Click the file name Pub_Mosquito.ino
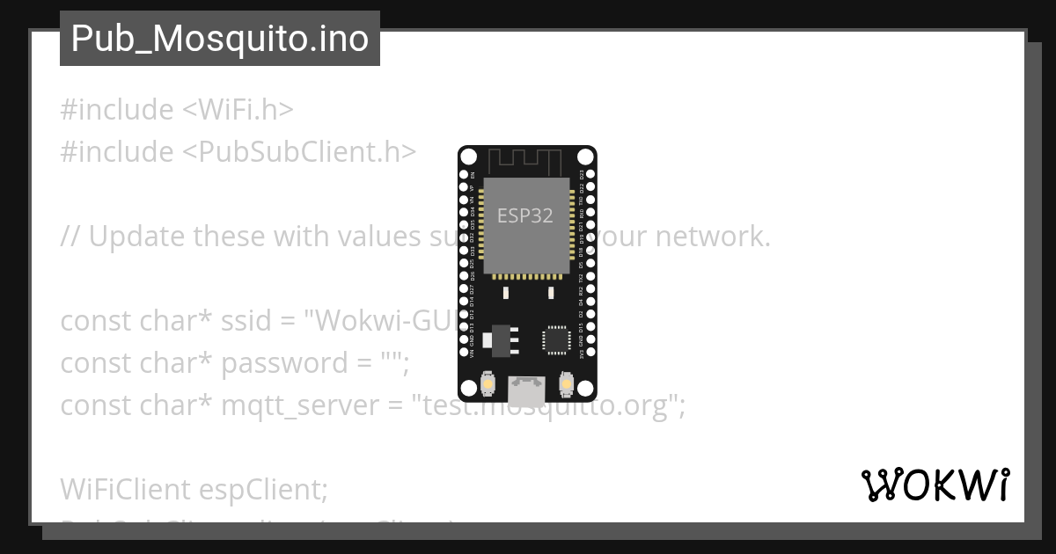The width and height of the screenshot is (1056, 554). click(219, 39)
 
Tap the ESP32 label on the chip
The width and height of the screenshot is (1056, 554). click(525, 215)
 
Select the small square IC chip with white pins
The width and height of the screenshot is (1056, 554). click(557, 339)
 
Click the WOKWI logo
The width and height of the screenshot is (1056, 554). click(935, 485)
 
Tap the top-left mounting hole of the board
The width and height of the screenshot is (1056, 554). click(469, 157)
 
